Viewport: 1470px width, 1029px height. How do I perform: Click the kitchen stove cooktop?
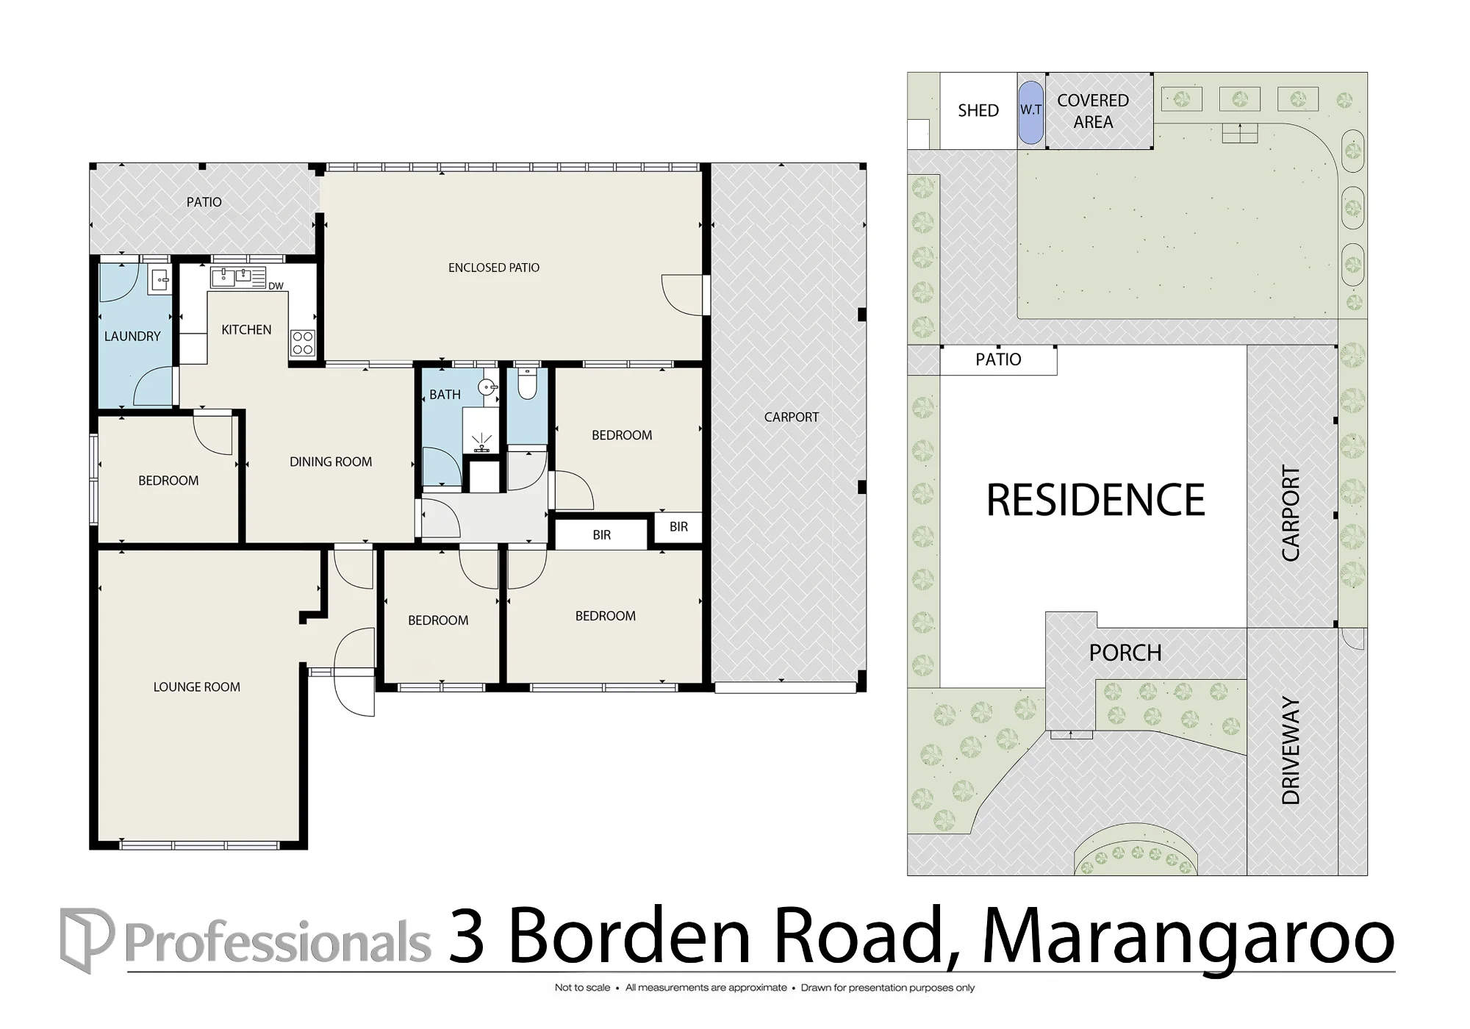[303, 343]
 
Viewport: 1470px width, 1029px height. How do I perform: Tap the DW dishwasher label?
[276, 286]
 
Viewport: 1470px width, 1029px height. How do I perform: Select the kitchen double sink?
[238, 277]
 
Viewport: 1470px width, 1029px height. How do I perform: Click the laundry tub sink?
[159, 280]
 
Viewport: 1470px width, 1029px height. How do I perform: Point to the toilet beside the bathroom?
[527, 383]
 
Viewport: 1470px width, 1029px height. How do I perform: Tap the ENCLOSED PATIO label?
[494, 268]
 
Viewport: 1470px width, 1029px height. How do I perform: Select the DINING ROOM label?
[331, 462]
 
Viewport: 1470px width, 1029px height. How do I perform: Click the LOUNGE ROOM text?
[197, 687]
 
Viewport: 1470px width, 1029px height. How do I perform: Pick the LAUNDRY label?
[132, 337]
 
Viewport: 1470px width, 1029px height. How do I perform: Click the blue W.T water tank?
[1030, 112]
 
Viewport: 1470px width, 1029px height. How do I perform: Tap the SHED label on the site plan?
[978, 111]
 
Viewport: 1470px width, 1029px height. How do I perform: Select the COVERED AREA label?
[1093, 111]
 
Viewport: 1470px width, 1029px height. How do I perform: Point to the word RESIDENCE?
[1095, 500]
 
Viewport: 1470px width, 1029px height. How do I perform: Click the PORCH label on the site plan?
[1125, 653]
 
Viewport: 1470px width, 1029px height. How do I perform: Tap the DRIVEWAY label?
[1291, 750]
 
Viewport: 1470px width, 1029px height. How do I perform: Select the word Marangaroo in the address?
[1188, 938]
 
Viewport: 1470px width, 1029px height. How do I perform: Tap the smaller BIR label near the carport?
[679, 526]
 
